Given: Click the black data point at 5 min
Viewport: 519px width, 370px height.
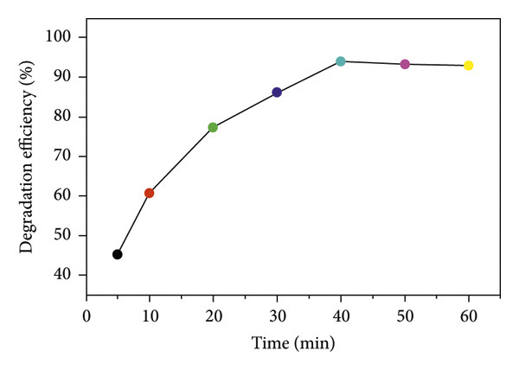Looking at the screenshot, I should coord(118,254).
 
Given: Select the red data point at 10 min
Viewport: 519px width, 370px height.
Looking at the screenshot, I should coord(150,193).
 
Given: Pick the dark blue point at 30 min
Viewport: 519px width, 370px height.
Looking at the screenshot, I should coord(277,92).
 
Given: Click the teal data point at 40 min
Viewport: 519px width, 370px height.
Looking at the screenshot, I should coord(341,61).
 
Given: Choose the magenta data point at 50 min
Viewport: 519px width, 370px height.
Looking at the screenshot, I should coord(405,64).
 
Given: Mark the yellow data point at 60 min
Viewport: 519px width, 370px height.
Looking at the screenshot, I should coord(469,66).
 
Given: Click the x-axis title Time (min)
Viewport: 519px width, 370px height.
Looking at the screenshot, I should coord(293,342).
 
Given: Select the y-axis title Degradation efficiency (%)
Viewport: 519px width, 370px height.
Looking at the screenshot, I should coord(27,156).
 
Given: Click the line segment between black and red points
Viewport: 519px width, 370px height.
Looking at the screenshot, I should coord(133,224).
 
